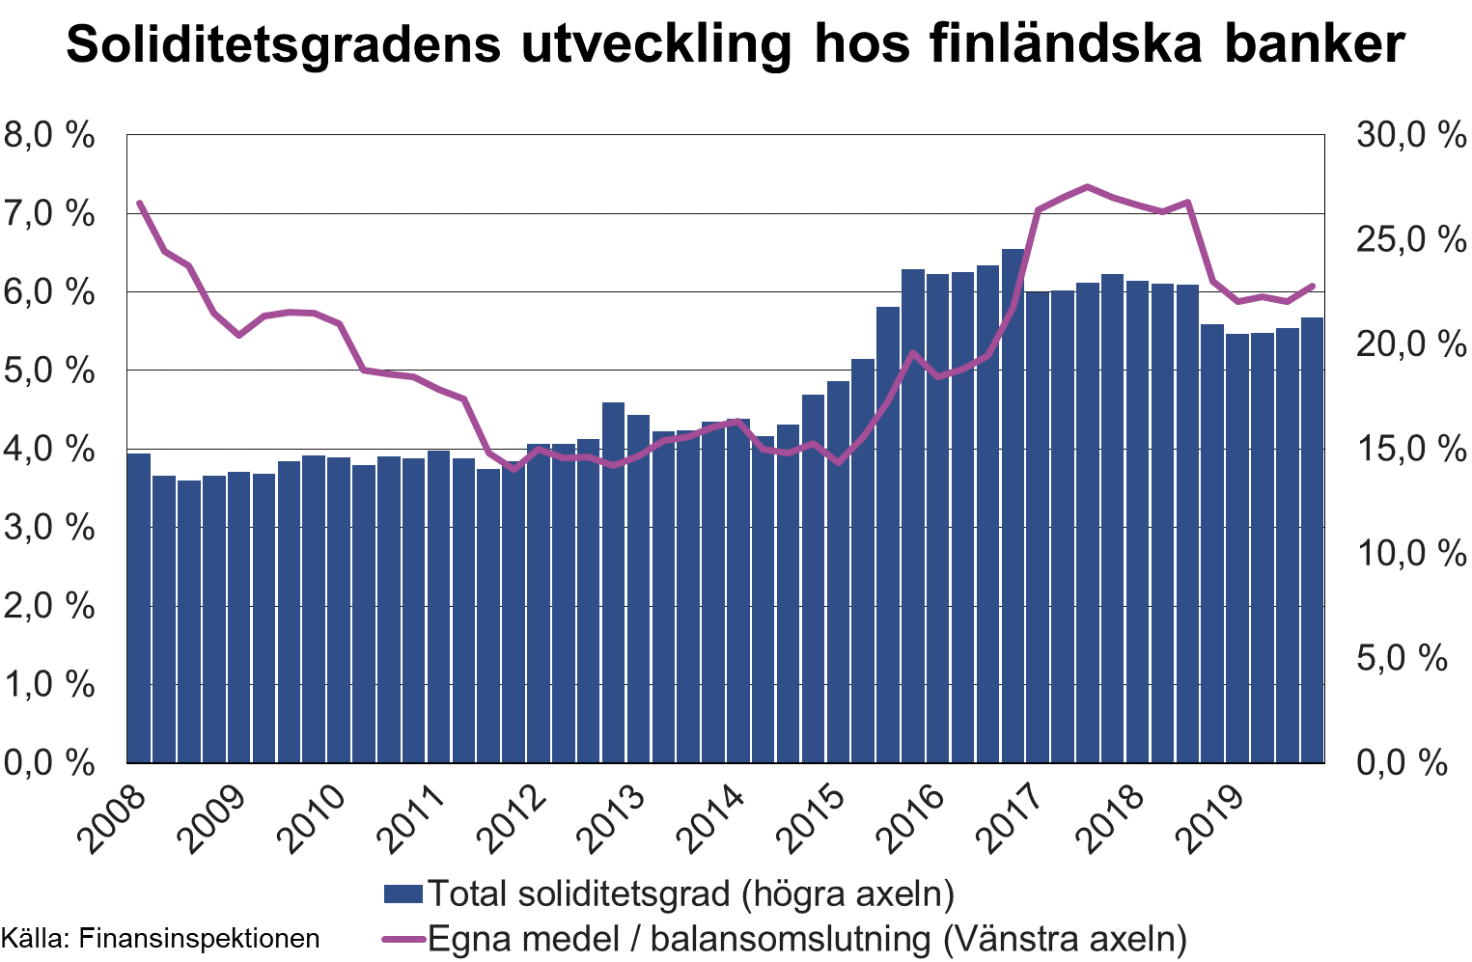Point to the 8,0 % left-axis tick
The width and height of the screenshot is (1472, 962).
(x=50, y=135)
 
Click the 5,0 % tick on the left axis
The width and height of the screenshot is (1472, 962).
(x=50, y=371)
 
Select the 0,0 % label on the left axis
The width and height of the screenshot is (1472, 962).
(x=50, y=763)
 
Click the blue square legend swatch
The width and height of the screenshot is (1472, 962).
(x=403, y=893)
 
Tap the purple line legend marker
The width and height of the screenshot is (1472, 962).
(x=403, y=938)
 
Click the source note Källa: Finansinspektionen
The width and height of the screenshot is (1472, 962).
(x=160, y=938)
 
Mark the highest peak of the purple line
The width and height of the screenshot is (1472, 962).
(x=1088, y=186)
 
